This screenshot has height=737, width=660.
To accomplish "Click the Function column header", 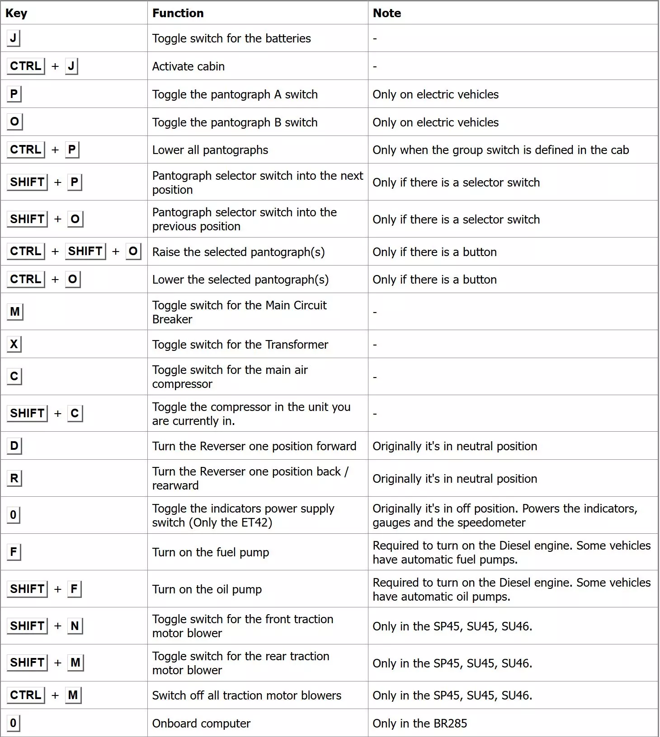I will pyautogui.click(x=178, y=13).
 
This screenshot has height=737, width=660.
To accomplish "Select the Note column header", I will pyautogui.click(x=387, y=13).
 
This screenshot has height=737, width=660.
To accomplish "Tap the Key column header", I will pyautogui.click(x=16, y=13).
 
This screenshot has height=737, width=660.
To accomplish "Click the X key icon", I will pyautogui.click(x=14, y=344).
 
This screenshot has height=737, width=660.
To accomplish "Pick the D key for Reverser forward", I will pyautogui.click(x=14, y=446).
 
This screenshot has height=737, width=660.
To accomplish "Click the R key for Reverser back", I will pyautogui.click(x=14, y=478).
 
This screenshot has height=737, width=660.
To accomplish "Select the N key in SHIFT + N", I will pyautogui.click(x=75, y=626).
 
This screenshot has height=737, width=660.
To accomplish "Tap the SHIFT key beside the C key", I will pyautogui.click(x=27, y=413).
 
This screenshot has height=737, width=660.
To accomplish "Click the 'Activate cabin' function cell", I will pyautogui.click(x=188, y=66).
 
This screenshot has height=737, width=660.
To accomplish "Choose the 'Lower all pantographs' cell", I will pyautogui.click(x=210, y=150).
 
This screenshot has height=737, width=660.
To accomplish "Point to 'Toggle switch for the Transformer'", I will pyautogui.click(x=240, y=345).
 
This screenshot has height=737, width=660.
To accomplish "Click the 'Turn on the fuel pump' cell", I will pyautogui.click(x=210, y=552).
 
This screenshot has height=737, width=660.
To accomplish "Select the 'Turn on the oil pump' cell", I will pyautogui.click(x=207, y=589).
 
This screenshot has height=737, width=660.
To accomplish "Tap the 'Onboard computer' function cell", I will pyautogui.click(x=201, y=723).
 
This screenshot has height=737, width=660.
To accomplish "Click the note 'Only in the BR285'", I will pyautogui.click(x=420, y=723).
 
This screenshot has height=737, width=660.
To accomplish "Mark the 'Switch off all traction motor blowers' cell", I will pyautogui.click(x=246, y=695).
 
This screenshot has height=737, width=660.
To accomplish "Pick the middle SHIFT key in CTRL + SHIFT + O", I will pyautogui.click(x=85, y=251).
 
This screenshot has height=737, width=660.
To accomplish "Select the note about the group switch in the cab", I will pyautogui.click(x=500, y=150).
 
